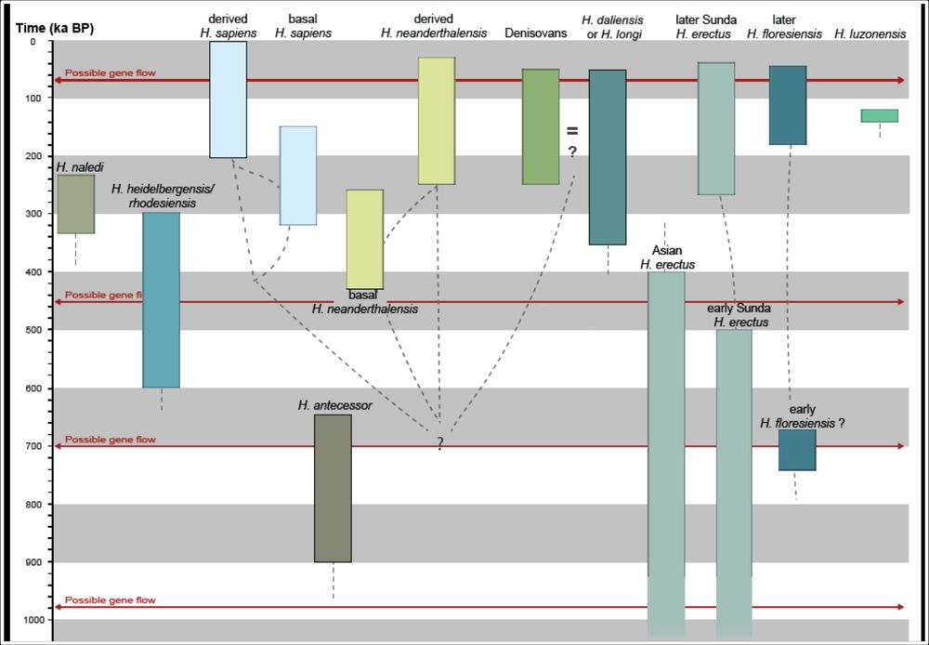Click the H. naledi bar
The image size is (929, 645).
pos(76,204)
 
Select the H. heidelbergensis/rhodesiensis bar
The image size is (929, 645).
pos(161,300)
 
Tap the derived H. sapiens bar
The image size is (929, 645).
pos(229,99)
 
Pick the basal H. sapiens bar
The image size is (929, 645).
pos(298,176)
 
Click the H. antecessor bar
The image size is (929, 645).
pos(333,488)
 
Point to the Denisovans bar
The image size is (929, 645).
pos(541,126)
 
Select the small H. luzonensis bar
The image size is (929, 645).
pos(879,115)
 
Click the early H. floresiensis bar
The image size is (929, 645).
pos(797,450)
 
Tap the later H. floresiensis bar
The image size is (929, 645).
pos(788,105)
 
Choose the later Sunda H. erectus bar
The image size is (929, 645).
pos(716,128)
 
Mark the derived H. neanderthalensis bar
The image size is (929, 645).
pos(437,121)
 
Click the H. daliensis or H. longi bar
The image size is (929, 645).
pos(608,157)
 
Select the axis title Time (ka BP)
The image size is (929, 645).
pos(55,28)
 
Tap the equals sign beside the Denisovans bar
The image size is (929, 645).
pos(572,132)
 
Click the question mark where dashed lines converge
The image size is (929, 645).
pos(440,444)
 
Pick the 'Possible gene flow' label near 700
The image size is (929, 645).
pos(111,440)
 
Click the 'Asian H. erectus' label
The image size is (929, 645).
pos(667,257)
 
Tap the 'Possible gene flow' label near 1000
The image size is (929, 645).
pos(111,600)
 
